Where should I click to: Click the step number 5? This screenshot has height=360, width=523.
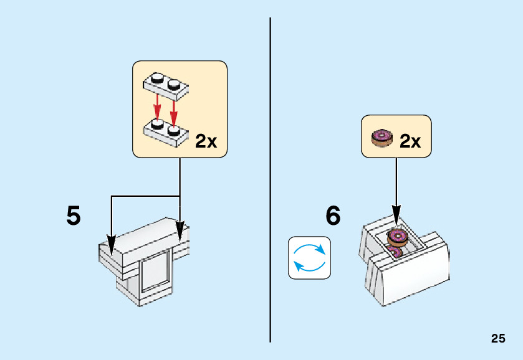(74, 216)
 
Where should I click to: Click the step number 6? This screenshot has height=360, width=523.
(333, 216)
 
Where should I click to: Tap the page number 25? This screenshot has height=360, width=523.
(498, 339)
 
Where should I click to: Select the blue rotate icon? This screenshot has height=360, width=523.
(309, 257)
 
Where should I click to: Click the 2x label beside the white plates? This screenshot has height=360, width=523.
(206, 141)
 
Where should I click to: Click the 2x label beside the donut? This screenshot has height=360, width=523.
(410, 141)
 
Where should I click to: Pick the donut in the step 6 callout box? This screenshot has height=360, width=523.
(381, 138)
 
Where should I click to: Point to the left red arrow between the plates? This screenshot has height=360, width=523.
(158, 106)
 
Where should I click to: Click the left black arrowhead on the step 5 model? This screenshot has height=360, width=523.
(112, 245)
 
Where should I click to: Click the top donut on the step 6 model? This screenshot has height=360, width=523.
(397, 237)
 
